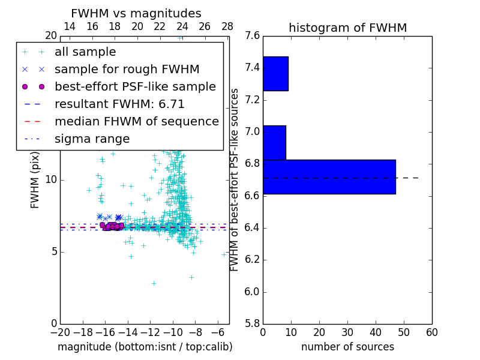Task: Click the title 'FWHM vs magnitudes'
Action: (x=136, y=14)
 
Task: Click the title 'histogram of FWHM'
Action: (x=347, y=28)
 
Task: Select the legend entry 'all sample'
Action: (x=85, y=52)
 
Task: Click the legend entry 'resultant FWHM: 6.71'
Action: (x=119, y=104)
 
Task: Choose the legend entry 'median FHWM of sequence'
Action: (x=136, y=122)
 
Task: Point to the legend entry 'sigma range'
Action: (x=92, y=139)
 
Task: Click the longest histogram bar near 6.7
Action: (x=329, y=177)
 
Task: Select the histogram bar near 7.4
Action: (x=275, y=74)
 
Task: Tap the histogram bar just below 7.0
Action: (x=274, y=143)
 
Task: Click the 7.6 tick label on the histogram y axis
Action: (x=253, y=35)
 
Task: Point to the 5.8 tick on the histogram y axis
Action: (x=253, y=324)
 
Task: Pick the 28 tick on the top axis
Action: (x=227, y=26)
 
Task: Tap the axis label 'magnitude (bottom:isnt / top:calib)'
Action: (x=145, y=347)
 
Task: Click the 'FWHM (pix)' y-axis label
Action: (x=35, y=179)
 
